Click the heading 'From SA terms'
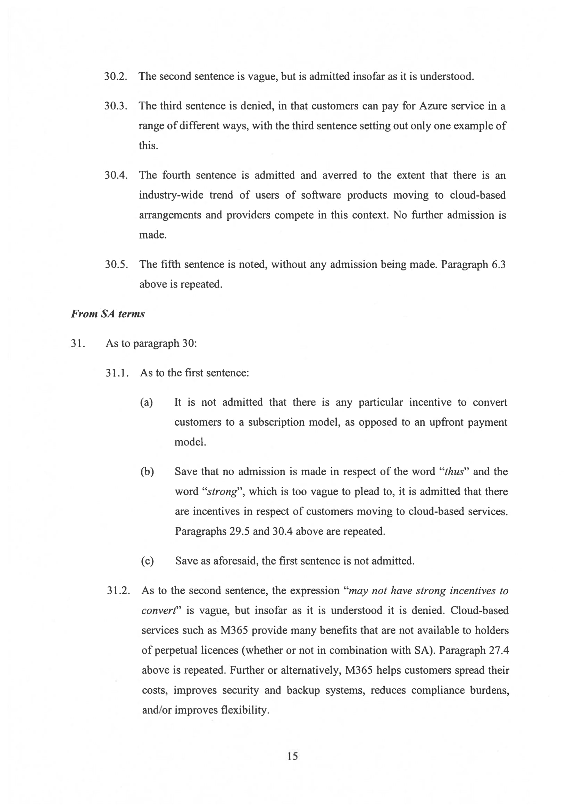pos(108,314)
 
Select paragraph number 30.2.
pos(115,76)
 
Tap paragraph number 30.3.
pos(115,106)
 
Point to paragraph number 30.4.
pos(116,175)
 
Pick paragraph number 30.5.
pos(116,265)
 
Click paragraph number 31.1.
pos(117,373)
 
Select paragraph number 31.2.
pos(118,591)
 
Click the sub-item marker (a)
pos(147,402)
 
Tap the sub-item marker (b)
pos(147,471)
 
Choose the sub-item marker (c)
pos(147,561)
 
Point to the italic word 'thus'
pos(454,472)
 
